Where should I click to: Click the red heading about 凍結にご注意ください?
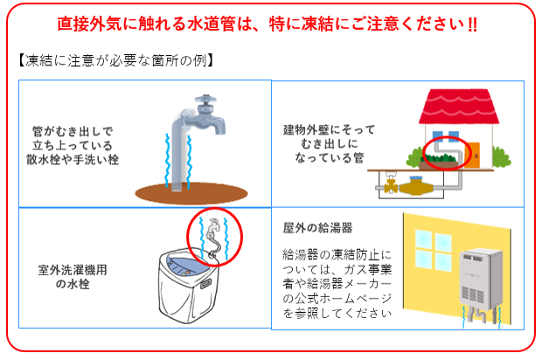click(x=271, y=24)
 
